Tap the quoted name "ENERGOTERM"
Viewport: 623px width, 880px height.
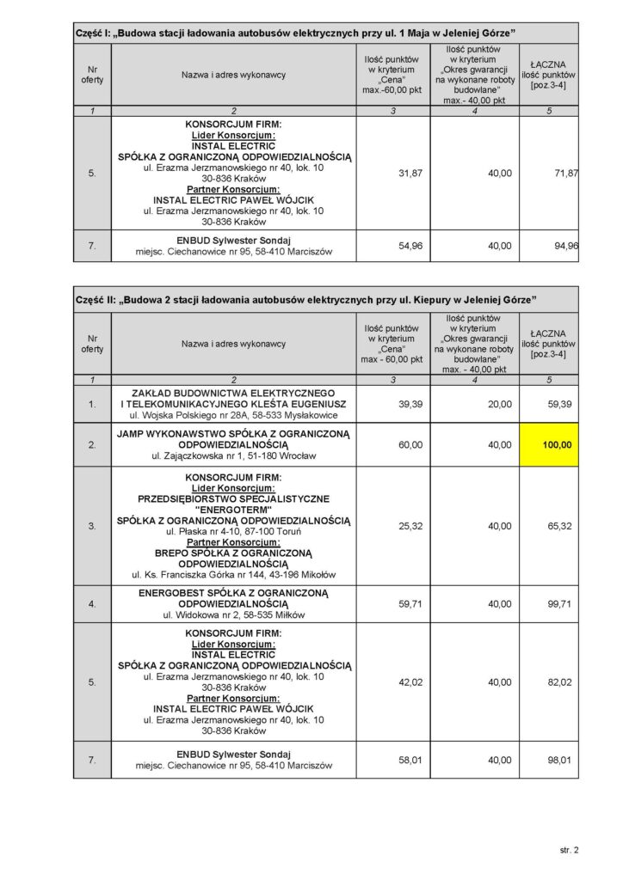(234, 510)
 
